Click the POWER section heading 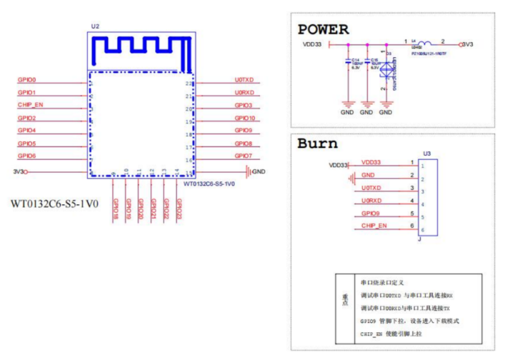pos(323,30)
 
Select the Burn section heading pos(317,143)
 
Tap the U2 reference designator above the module pos(95,26)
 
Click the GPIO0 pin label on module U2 pos(27,80)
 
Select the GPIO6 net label pos(27,156)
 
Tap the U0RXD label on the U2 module pos(244,93)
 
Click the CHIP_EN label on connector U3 pos(375,226)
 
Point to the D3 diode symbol pos(386,69)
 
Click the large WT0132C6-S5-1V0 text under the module pos(54,203)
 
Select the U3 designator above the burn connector pos(426,154)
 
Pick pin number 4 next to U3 pos(411,201)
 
